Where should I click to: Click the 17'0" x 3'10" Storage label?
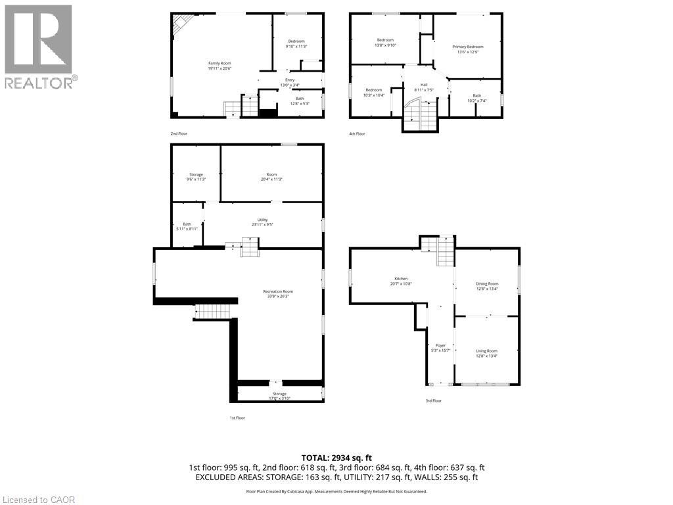pyautogui.click(x=280, y=396)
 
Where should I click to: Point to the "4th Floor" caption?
pyautogui.click(x=358, y=133)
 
